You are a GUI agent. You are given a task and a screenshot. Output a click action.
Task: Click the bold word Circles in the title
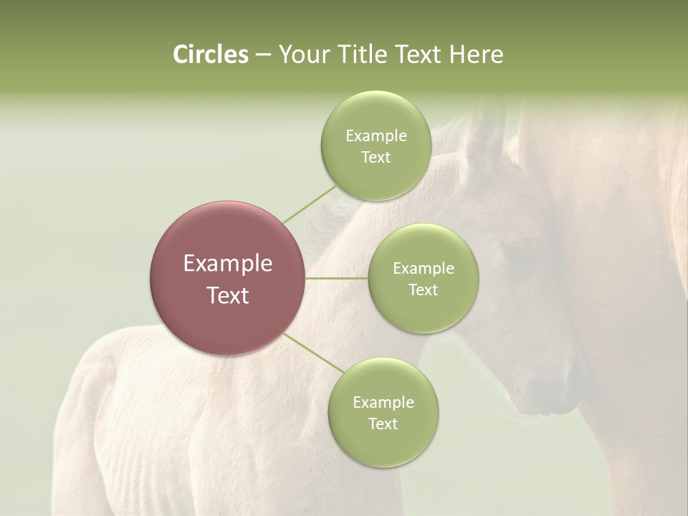(x=211, y=54)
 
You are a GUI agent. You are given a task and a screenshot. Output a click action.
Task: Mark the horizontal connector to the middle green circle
(x=337, y=278)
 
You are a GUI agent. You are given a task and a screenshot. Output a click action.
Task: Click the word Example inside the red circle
(x=228, y=264)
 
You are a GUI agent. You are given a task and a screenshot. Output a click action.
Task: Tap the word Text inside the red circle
(x=228, y=295)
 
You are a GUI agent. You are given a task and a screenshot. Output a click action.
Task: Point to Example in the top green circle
(x=376, y=135)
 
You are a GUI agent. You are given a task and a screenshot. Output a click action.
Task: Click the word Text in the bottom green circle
(x=383, y=424)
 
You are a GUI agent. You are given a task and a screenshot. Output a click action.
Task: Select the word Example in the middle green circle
(x=423, y=268)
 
